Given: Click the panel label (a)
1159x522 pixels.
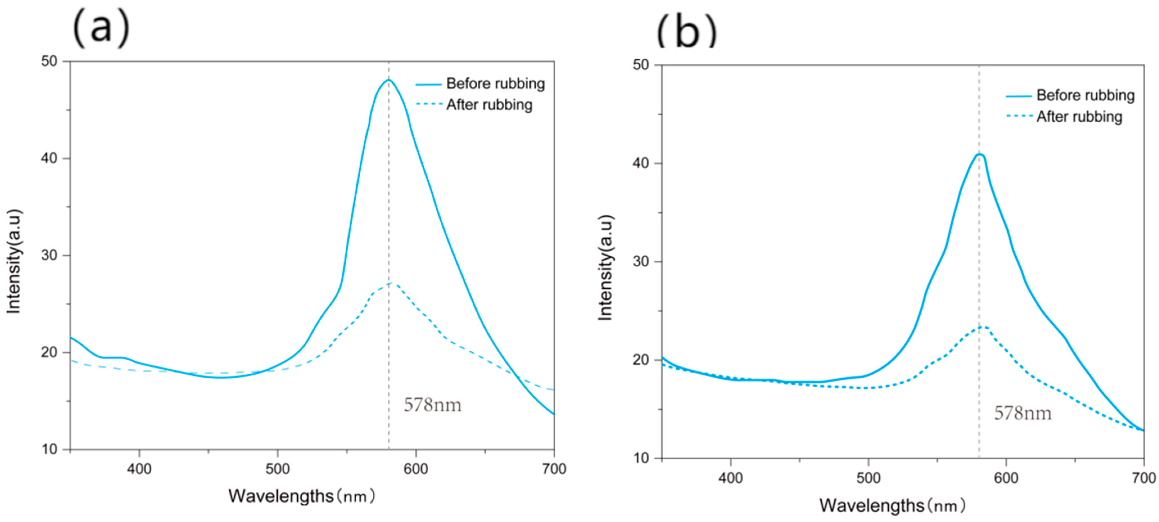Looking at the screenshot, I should (x=101, y=28).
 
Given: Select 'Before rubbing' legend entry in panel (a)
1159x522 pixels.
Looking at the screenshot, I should (x=495, y=84).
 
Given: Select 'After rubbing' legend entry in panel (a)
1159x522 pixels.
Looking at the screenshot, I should (x=489, y=105).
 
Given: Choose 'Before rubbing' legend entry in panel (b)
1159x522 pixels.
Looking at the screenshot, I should (x=1085, y=95).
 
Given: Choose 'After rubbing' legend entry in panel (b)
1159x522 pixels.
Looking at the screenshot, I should (x=1079, y=117).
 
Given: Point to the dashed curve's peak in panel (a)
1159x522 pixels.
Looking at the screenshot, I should (x=391, y=283).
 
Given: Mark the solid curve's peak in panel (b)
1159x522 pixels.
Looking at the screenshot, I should (x=979, y=154).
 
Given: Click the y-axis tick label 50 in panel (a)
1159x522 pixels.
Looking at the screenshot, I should (x=49, y=62).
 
